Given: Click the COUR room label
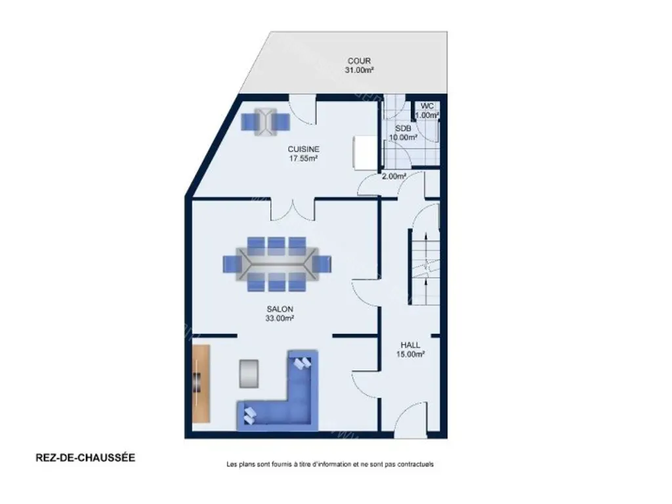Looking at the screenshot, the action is click(x=359, y=61).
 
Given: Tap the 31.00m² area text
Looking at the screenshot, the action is click(x=359, y=70).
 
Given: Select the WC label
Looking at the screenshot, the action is click(x=427, y=106).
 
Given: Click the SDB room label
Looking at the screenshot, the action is click(x=403, y=128).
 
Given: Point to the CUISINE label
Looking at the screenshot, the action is click(x=303, y=149).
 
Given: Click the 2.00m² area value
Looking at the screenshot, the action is click(x=394, y=176).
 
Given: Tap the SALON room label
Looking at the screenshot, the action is click(x=280, y=309).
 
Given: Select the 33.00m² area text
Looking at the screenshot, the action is click(x=280, y=318).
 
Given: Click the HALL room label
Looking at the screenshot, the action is click(x=411, y=345).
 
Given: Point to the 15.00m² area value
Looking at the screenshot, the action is click(x=411, y=354).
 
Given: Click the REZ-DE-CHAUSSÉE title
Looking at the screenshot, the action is click(x=85, y=457).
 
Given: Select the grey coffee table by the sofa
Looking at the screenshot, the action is click(x=249, y=373).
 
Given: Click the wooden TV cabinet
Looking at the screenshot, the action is click(x=201, y=383).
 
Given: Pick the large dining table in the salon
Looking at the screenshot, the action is click(x=278, y=264).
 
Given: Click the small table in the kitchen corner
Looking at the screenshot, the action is click(x=266, y=121).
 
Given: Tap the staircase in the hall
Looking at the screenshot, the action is click(x=425, y=267).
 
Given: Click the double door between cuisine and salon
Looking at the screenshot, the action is click(x=293, y=210).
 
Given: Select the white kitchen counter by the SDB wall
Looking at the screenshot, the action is click(x=365, y=152).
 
